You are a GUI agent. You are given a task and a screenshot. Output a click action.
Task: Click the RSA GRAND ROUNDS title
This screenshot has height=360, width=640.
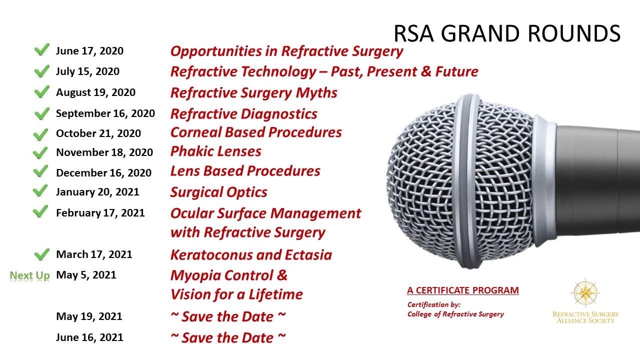[507, 33]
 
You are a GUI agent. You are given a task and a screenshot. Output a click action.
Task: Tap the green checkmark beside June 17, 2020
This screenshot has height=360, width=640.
[41, 49]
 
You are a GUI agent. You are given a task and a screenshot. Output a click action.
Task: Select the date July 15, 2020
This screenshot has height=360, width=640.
[87, 71]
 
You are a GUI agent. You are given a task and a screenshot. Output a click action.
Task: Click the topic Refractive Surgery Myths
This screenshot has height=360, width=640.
[253, 92]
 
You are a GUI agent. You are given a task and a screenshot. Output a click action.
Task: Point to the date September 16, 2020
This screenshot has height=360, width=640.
[105, 113]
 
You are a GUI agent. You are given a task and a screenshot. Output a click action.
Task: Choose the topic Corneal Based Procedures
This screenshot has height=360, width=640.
[256, 132]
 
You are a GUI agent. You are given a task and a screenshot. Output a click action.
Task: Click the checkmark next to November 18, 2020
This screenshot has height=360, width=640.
[40, 153]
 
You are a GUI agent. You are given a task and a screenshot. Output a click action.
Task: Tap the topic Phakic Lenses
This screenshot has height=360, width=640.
[215, 151]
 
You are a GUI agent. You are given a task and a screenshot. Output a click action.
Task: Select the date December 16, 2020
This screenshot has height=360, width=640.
[103, 173]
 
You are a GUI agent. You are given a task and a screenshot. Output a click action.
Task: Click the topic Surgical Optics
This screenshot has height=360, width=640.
[219, 192]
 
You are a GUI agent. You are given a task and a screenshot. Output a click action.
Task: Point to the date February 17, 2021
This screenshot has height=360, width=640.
[100, 213]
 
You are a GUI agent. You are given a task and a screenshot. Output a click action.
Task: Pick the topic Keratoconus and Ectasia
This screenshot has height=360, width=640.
[251, 255]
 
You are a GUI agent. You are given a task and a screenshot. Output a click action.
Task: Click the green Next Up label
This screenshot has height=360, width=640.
[29, 275]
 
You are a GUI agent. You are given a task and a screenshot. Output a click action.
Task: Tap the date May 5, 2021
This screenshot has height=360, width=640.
[86, 275]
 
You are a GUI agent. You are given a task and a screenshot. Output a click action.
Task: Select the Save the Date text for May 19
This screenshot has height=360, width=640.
[228, 316]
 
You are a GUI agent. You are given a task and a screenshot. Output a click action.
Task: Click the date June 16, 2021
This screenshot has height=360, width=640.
[89, 337]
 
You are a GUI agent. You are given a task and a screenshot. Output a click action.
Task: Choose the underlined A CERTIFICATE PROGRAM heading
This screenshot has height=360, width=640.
[463, 290]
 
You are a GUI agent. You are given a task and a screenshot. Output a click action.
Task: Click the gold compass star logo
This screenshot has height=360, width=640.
[585, 293]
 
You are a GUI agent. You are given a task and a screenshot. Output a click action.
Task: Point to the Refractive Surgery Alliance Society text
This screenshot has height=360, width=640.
[585, 317]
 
